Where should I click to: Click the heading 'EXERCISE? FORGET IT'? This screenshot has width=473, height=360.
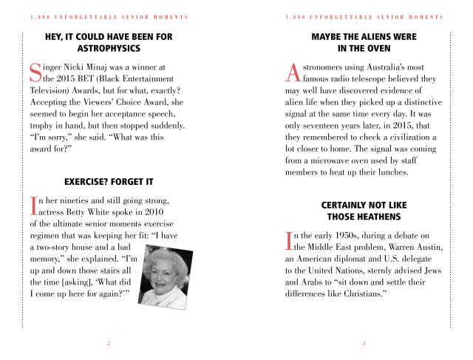click(109, 181)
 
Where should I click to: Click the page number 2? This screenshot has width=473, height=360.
click(109, 342)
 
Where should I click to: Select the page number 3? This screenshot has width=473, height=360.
click(364, 342)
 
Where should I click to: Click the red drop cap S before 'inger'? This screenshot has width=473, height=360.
click(34, 72)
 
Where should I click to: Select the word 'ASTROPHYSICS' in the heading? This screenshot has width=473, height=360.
click(109, 49)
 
